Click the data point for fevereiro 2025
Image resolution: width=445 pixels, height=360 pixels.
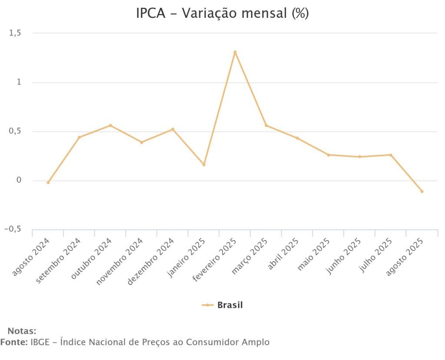click(235, 52)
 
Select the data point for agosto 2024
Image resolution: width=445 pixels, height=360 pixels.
click(48, 183)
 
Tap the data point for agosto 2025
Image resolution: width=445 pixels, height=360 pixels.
click(422, 191)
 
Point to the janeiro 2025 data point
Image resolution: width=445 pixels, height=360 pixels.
click(204, 165)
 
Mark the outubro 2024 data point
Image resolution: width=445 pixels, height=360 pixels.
click(110, 125)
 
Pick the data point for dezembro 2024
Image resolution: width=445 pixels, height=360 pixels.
click(173, 129)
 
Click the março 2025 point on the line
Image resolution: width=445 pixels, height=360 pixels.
click(266, 126)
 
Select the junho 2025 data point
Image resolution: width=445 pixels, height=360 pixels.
click(359, 157)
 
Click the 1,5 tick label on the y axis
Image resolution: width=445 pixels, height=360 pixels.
click(15, 33)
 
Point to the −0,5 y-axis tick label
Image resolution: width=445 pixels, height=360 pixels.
click(12, 230)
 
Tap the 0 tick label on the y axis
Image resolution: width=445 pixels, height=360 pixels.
click(19, 180)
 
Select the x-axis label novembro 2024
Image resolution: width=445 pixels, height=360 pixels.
click(120, 262)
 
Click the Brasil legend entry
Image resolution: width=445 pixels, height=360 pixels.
click(229, 305)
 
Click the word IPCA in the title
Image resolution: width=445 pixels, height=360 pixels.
click(151, 13)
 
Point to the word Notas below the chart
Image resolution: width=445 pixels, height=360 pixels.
click(22, 331)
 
